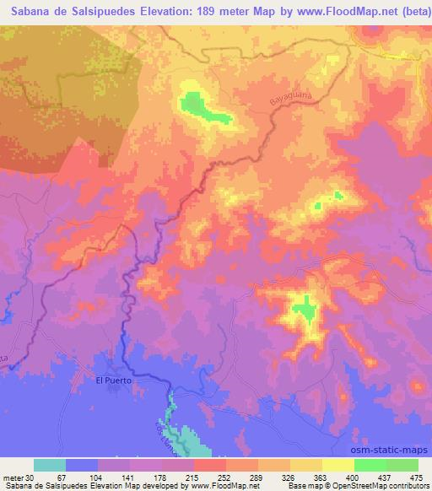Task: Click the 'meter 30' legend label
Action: [x=20, y=477]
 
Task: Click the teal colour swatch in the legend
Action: [x=49, y=465]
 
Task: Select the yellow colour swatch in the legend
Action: [x=337, y=465]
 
